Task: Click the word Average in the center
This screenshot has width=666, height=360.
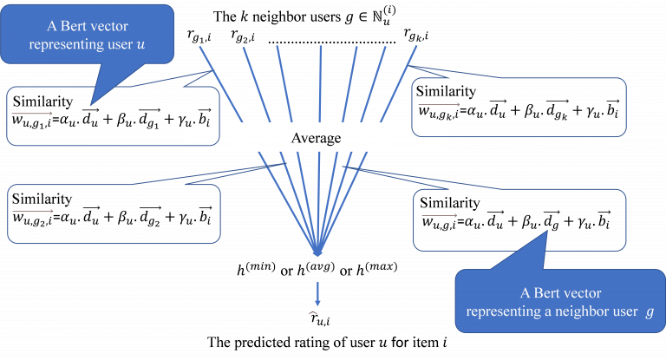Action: pyautogui.click(x=316, y=139)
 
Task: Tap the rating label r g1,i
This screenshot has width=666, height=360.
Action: pyautogui.click(x=199, y=36)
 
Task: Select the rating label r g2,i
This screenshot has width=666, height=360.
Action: pyautogui.click(x=243, y=36)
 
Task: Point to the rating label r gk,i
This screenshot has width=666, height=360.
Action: pyautogui.click(x=416, y=35)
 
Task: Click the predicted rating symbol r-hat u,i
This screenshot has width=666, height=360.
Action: pyautogui.click(x=319, y=319)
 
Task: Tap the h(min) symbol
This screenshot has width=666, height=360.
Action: pyautogui.click(x=256, y=269)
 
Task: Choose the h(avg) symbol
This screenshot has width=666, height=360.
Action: pyautogui.click(x=316, y=269)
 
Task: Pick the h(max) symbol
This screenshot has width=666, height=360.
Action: pyautogui.click(x=376, y=269)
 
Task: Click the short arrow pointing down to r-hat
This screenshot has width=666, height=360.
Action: pyautogui.click(x=317, y=294)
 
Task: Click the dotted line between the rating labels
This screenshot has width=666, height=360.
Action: pyautogui.click(x=332, y=43)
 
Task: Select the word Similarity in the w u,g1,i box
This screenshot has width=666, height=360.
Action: pyautogui.click(x=42, y=102)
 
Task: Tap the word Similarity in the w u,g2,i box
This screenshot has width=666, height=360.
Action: pyautogui.click(x=42, y=200)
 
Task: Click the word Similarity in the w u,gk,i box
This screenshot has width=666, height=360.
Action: pyautogui.click(x=446, y=92)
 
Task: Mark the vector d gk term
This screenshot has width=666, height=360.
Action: pyautogui.click(x=557, y=109)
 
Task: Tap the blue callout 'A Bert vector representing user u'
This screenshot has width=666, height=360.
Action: pyautogui.click(x=87, y=36)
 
